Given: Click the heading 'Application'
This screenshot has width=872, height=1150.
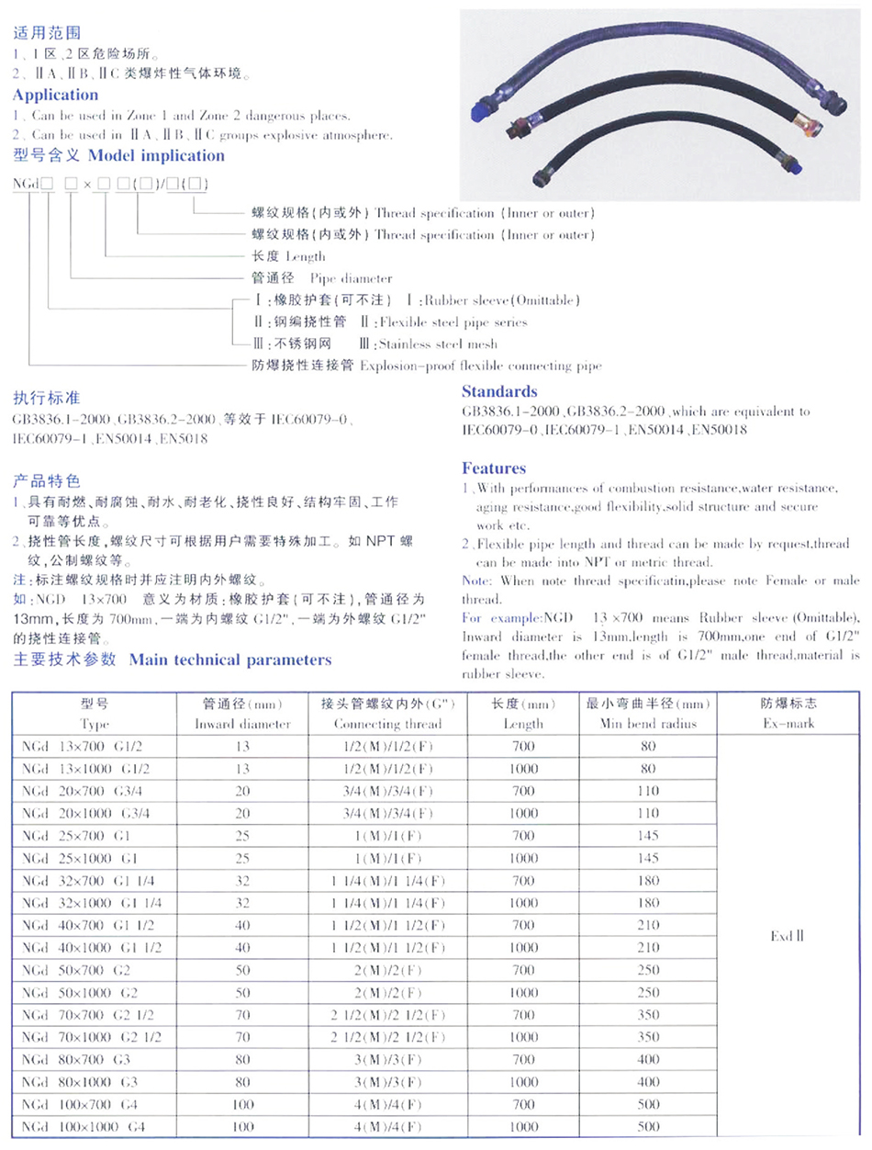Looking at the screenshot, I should [56, 95].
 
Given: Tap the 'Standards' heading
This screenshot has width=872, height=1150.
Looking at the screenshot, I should [499, 390].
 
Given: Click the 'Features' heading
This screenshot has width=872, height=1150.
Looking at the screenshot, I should [494, 468].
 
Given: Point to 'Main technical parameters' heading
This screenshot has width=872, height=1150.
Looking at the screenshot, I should [230, 660].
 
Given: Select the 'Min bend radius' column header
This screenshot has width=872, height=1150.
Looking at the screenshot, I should [648, 724].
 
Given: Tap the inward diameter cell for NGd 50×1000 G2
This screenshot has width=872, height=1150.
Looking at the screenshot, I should [242, 993].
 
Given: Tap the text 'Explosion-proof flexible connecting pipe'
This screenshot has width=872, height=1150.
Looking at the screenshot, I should [480, 366].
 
